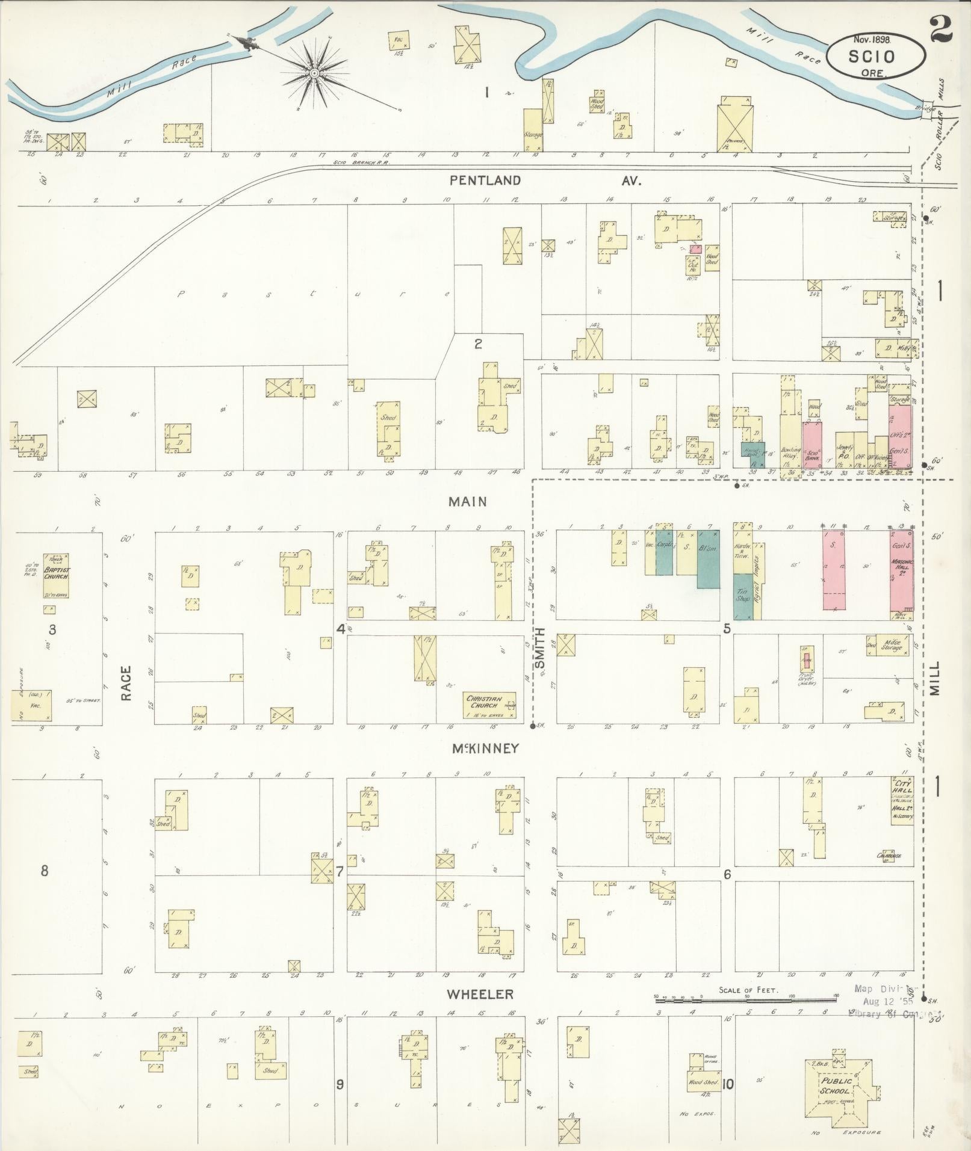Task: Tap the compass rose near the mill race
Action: click(x=314, y=73)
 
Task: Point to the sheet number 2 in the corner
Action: click(x=941, y=29)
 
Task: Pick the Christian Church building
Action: click(x=489, y=705)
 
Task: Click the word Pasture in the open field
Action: click(x=313, y=294)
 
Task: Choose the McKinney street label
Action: click(x=485, y=748)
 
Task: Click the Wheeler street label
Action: click(x=480, y=993)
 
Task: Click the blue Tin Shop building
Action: click(x=743, y=596)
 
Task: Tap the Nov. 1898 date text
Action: click(x=872, y=39)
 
